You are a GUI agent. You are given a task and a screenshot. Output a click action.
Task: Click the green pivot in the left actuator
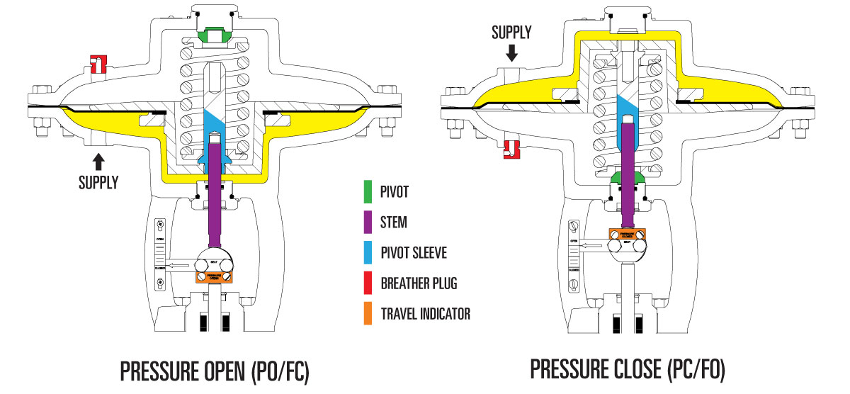tap(211, 35)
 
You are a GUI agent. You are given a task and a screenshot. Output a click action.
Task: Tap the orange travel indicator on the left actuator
tap(212, 276)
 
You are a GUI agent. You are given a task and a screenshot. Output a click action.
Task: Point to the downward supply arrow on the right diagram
tap(512, 52)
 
